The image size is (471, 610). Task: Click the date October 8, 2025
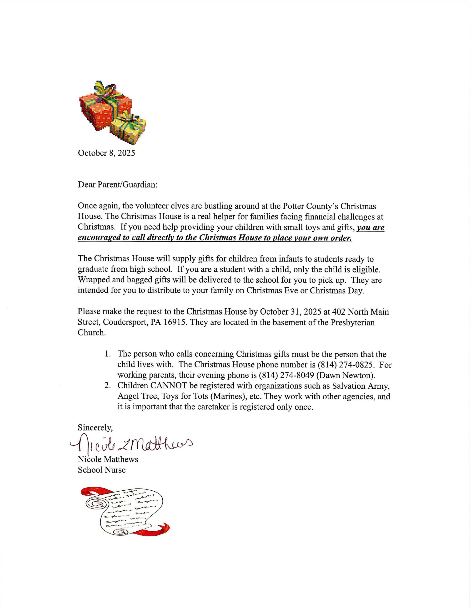coord(106,153)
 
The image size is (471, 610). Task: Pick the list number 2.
coord(107,386)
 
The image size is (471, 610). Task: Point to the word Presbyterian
coord(353,322)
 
